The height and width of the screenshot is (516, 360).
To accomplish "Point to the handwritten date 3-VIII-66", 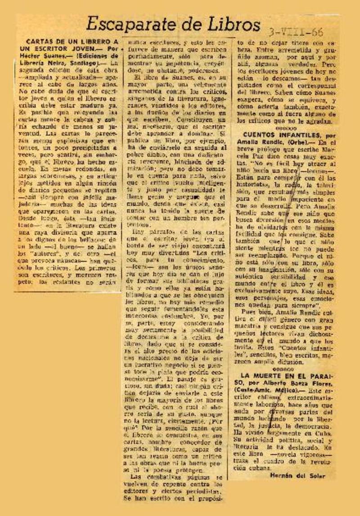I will point(296,32).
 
